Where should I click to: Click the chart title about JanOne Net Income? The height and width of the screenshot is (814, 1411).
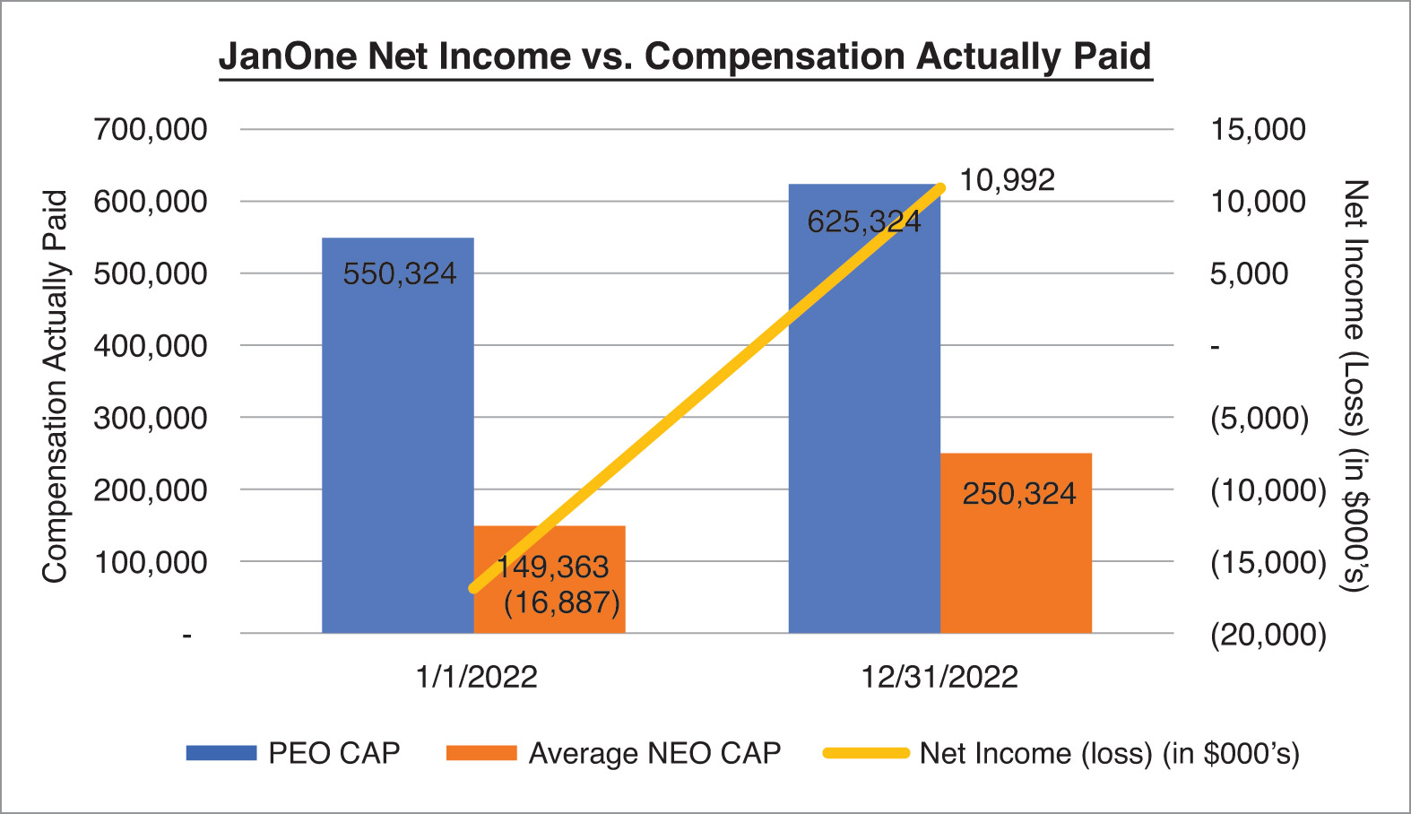pyautogui.click(x=686, y=56)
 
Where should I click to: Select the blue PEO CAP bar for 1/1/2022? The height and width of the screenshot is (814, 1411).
pyautogui.click(x=397, y=436)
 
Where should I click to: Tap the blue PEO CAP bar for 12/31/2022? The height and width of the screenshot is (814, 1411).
pyautogui.click(x=864, y=408)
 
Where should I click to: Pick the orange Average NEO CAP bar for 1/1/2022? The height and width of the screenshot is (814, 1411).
pyautogui.click(x=550, y=579)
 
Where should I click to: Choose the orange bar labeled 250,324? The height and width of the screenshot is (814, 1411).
pyautogui.click(x=1016, y=543)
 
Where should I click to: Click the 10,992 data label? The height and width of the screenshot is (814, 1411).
pyautogui.click(x=1008, y=181)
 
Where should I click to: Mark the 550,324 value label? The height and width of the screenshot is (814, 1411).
pyautogui.click(x=399, y=274)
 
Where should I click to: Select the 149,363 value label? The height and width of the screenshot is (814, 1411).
pyautogui.click(x=553, y=567)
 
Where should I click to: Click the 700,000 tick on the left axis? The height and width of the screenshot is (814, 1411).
pyautogui.click(x=151, y=130)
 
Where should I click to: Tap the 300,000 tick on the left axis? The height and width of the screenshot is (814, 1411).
pyautogui.click(x=151, y=418)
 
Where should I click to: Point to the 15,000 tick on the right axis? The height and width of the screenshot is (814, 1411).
pyautogui.click(x=1258, y=130)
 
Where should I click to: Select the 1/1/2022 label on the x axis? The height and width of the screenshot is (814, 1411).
pyautogui.click(x=477, y=677)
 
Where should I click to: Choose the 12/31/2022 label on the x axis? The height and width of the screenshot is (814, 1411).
pyautogui.click(x=939, y=677)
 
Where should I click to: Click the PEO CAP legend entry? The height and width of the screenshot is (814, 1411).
pyautogui.click(x=293, y=753)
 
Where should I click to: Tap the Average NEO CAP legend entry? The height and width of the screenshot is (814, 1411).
pyautogui.click(x=613, y=753)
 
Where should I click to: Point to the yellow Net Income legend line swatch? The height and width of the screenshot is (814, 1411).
pyautogui.click(x=866, y=753)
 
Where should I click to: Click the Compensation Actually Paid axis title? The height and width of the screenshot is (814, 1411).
pyautogui.click(x=55, y=386)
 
